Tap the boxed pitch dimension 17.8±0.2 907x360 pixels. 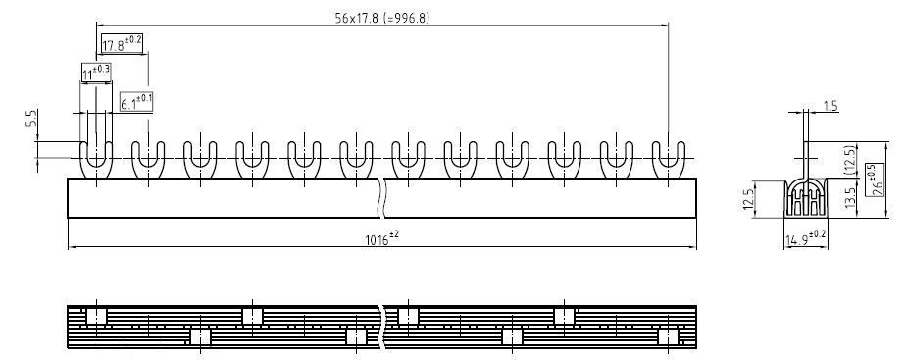(x=122, y=43)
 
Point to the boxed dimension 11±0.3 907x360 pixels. (x=95, y=73)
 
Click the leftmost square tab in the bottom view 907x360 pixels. (x=95, y=315)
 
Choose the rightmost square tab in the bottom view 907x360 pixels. (x=669, y=336)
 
